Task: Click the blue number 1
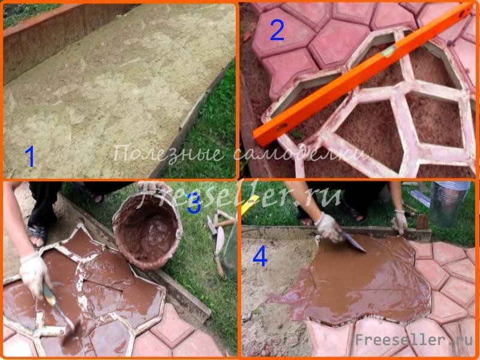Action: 29,157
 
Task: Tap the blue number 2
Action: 277,29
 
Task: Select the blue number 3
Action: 194,203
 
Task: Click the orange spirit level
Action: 364,73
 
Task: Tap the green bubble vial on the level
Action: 388,52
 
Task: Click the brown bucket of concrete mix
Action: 147,230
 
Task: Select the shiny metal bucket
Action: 449,203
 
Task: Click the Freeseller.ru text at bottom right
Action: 414,340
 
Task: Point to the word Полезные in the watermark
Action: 169,154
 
